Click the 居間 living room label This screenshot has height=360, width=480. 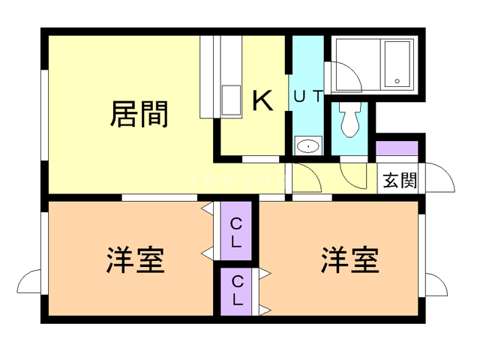click(139, 113)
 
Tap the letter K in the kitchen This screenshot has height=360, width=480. click(262, 100)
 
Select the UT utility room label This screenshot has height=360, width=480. click(308, 96)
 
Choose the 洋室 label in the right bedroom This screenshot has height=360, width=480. click(350, 259)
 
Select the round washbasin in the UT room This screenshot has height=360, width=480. click(307, 145)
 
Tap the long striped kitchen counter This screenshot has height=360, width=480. click(209, 75)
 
